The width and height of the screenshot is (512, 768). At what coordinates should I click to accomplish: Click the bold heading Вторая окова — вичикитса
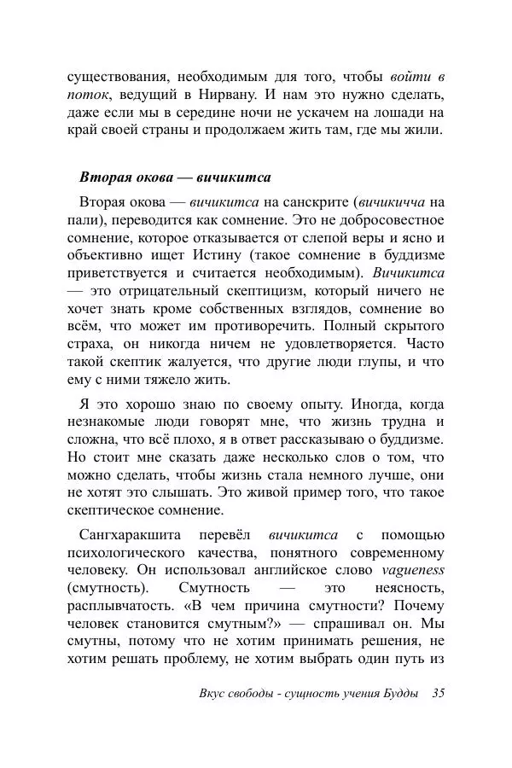(x=175, y=177)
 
